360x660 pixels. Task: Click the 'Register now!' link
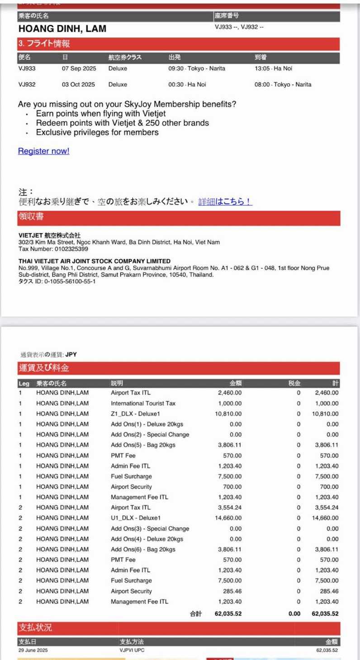tap(43, 151)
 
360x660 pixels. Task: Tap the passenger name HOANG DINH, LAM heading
tap(62, 29)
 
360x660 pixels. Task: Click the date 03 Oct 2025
tap(78, 85)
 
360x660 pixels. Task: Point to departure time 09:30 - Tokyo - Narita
tap(196, 69)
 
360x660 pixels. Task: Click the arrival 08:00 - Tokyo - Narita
tap(283, 85)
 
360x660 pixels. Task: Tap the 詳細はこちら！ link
tap(225, 202)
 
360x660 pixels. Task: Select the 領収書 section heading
tap(31, 217)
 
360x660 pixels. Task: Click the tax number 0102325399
tap(71, 249)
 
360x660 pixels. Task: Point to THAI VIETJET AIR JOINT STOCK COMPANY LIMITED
tap(95, 261)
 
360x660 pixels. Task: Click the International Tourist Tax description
tap(143, 404)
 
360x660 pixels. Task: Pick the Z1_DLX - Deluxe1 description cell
tap(135, 414)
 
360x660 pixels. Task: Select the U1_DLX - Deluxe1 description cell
tap(136, 518)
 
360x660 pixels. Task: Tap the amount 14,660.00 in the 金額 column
tap(228, 518)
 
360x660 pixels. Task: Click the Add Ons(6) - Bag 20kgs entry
tap(143, 550)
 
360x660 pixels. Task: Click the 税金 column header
tap(294, 384)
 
